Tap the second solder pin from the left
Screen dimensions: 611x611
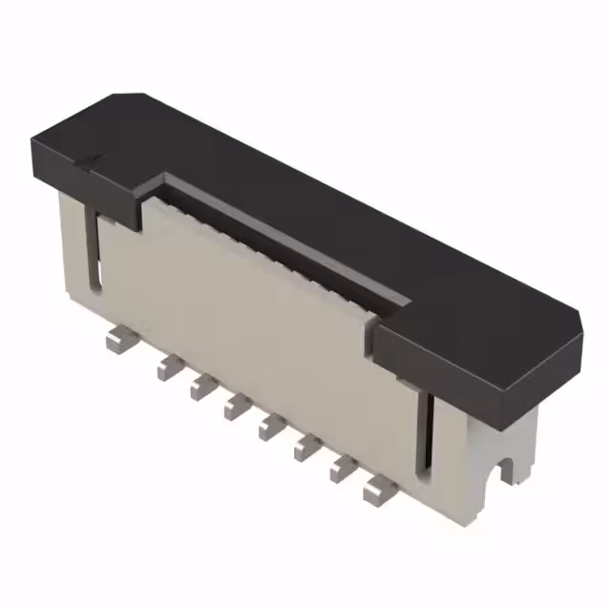click(x=169, y=364)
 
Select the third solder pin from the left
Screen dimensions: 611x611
click(x=201, y=386)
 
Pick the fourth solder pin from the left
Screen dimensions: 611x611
click(x=234, y=408)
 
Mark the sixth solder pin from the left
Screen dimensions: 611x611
click(x=305, y=447)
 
